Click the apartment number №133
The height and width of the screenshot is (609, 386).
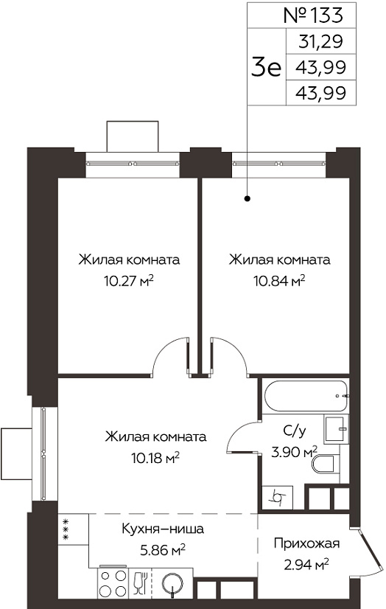click(x=314, y=15)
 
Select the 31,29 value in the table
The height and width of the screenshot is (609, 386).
click(x=321, y=41)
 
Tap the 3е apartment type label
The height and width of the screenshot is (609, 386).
click(x=266, y=67)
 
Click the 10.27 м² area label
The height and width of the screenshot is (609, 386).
click(x=129, y=280)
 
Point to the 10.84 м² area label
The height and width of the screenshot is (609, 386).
click(x=279, y=280)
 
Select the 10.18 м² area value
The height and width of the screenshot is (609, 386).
click(x=155, y=458)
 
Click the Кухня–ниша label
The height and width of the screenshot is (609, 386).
click(x=163, y=529)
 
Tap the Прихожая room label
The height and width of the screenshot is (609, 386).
click(x=307, y=543)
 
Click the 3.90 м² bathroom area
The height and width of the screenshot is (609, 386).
click(x=294, y=452)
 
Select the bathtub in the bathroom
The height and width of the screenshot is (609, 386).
click(x=306, y=396)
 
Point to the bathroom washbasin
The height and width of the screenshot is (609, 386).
click(x=336, y=429)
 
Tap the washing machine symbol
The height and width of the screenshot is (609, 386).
click(x=278, y=496)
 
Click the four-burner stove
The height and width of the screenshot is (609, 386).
click(x=113, y=582)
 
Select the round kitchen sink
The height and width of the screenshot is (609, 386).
click(x=172, y=582)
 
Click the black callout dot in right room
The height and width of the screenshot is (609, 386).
click(x=248, y=199)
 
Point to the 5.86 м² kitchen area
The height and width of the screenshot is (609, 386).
click(x=163, y=550)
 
